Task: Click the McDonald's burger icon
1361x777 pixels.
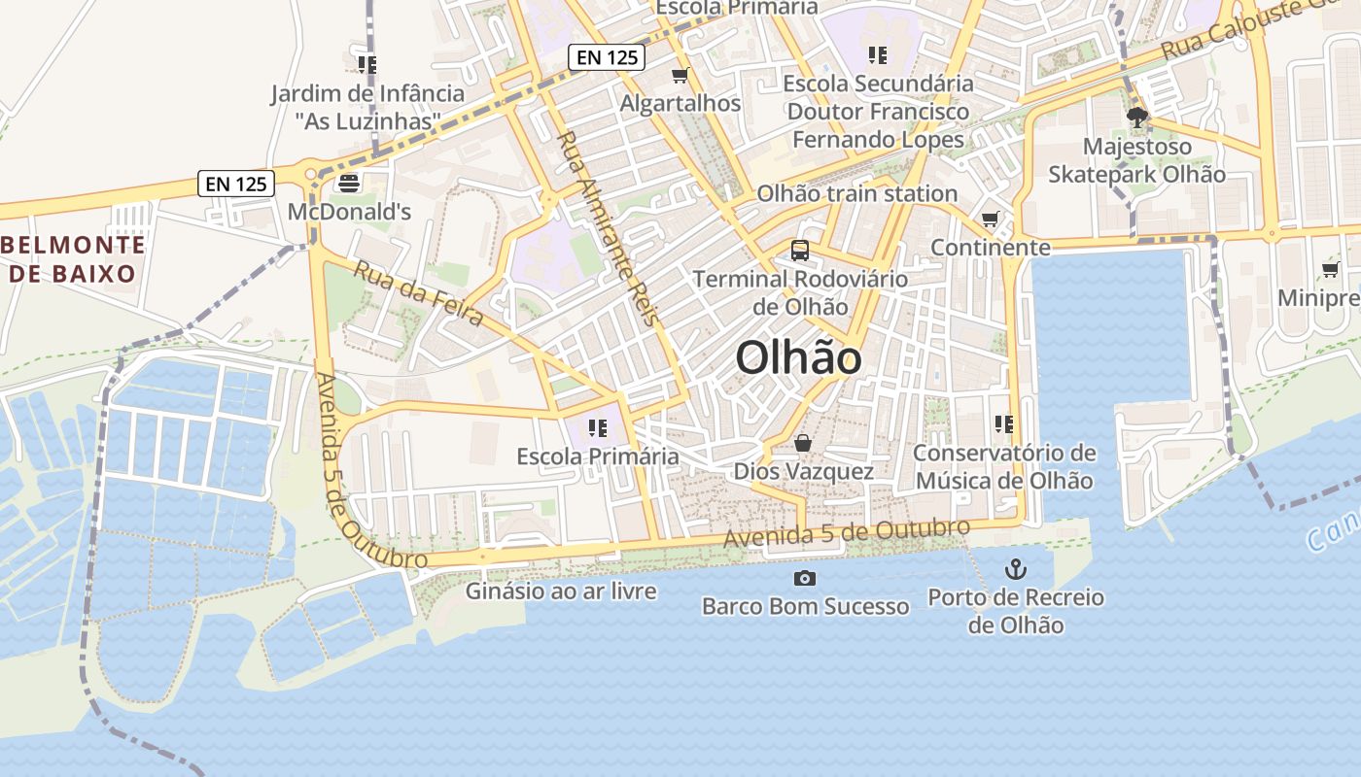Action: point(348,182)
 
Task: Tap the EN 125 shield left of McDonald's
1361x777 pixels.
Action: point(236,183)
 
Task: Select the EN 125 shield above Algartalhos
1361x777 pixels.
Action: point(608,57)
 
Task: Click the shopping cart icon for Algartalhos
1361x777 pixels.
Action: point(680,75)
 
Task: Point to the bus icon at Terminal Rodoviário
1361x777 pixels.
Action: point(800,251)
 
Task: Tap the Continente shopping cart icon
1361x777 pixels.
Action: point(990,220)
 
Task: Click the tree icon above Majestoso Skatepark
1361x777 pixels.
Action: point(1136,118)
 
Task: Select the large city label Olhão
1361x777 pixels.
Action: point(798,358)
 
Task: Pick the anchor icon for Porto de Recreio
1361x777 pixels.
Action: point(1016,569)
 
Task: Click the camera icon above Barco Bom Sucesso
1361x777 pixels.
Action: point(804,579)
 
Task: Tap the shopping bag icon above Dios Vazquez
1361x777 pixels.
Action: point(803,443)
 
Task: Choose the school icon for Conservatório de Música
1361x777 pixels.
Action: point(1004,424)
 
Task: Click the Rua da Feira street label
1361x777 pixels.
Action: point(418,293)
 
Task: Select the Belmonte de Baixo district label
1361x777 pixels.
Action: point(74,259)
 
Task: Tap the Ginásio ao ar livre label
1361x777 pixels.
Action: point(561,591)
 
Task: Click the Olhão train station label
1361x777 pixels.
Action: point(857,193)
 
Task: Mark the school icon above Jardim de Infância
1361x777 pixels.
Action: point(366,65)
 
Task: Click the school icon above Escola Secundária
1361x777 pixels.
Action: point(878,55)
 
